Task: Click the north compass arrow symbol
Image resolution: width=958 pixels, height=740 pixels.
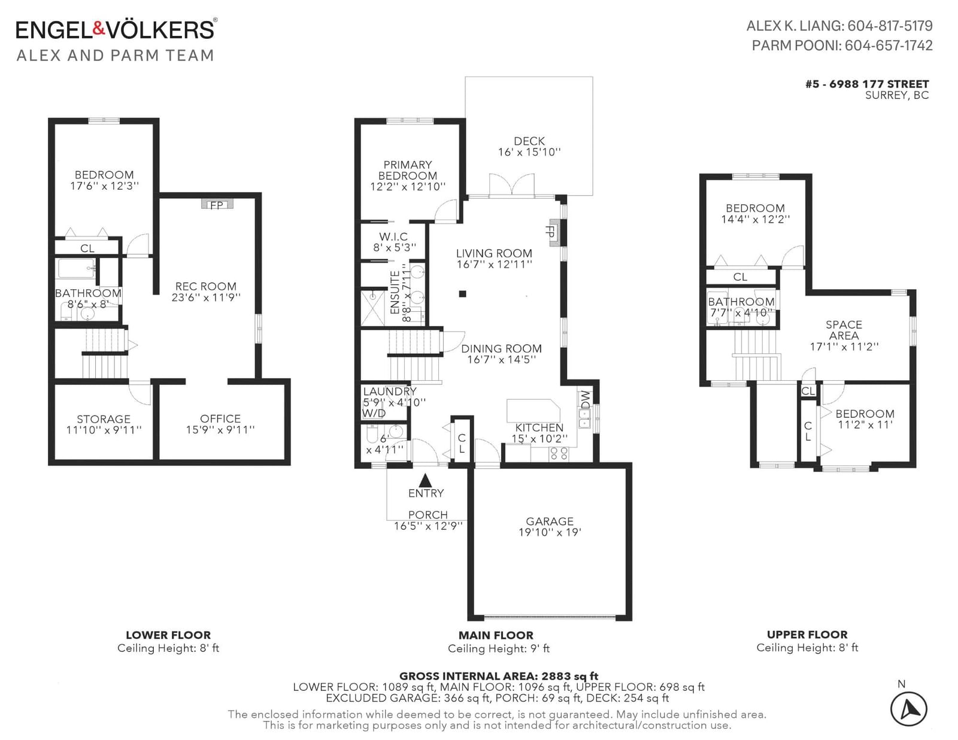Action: [x=908, y=709]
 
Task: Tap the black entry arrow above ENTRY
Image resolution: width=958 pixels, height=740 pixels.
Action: [x=426, y=480]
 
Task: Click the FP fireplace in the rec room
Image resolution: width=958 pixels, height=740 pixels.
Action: [x=217, y=205]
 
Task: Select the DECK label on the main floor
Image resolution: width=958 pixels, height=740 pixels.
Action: [x=529, y=141]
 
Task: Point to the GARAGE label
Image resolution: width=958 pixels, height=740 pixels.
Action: [x=549, y=521]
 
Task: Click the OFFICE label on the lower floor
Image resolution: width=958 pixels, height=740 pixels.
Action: [x=220, y=418]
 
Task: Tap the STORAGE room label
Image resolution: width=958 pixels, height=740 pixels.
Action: [x=104, y=419]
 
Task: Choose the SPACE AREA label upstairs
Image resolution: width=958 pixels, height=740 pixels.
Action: [x=844, y=330]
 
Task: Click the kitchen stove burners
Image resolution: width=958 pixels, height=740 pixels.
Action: [x=559, y=454]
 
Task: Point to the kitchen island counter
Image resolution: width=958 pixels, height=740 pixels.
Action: [x=533, y=411]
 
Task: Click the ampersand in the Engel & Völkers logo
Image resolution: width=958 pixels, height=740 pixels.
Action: [x=99, y=29]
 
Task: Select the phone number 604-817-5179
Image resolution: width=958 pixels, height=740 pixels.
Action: [x=890, y=26]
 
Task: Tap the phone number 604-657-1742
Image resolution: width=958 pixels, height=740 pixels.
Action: [x=889, y=46]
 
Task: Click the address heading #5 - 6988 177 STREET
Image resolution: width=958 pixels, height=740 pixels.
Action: [x=867, y=84]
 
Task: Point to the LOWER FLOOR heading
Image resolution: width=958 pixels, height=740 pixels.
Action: [x=168, y=635]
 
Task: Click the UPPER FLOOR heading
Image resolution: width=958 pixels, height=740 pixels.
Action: [x=807, y=635]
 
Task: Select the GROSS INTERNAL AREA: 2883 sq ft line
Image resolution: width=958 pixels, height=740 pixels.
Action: [x=499, y=676]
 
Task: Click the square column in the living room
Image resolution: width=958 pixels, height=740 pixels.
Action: [x=462, y=293]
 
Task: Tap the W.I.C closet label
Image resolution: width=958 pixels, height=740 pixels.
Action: [x=393, y=236]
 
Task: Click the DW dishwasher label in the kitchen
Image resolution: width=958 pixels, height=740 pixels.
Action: [x=586, y=399]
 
